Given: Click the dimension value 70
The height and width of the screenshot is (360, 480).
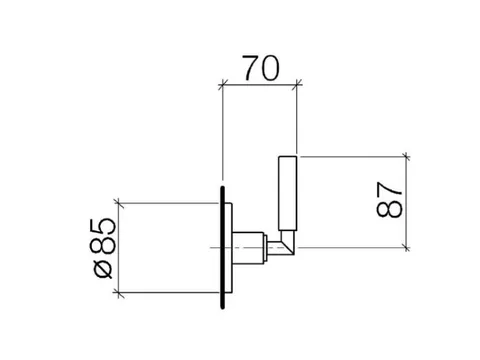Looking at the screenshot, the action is pyautogui.click(x=261, y=68).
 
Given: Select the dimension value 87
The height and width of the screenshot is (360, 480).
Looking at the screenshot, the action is pyautogui.click(x=389, y=200).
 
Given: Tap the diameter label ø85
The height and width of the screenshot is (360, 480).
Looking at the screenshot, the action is pyautogui.click(x=105, y=248).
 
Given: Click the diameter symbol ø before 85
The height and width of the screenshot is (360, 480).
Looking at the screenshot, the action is pyautogui.click(x=104, y=270).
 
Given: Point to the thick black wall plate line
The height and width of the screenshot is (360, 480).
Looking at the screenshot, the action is pyautogui.click(x=222, y=247).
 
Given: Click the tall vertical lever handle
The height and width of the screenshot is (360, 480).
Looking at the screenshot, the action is pyautogui.click(x=288, y=193).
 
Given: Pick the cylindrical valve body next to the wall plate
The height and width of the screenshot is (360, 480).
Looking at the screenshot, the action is pyautogui.click(x=248, y=248).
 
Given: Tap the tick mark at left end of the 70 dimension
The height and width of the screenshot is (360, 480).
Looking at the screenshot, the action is pyautogui.click(x=222, y=85).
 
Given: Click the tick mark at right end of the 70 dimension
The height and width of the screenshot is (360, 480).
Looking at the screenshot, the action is pyautogui.click(x=297, y=85).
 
